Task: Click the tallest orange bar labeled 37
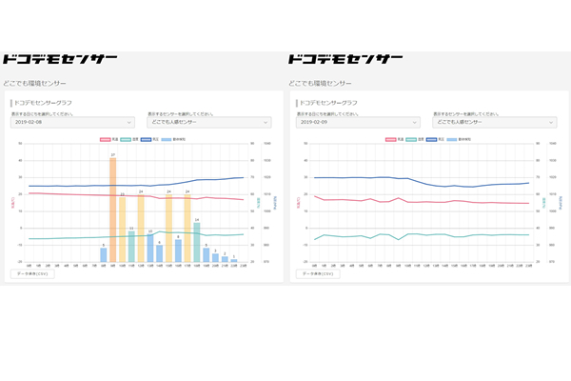(113, 210)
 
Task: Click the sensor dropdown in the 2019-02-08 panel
(210, 122)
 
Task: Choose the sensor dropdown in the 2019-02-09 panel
(495, 122)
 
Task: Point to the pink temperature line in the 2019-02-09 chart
(428, 201)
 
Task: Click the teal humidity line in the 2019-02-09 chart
(428, 235)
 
